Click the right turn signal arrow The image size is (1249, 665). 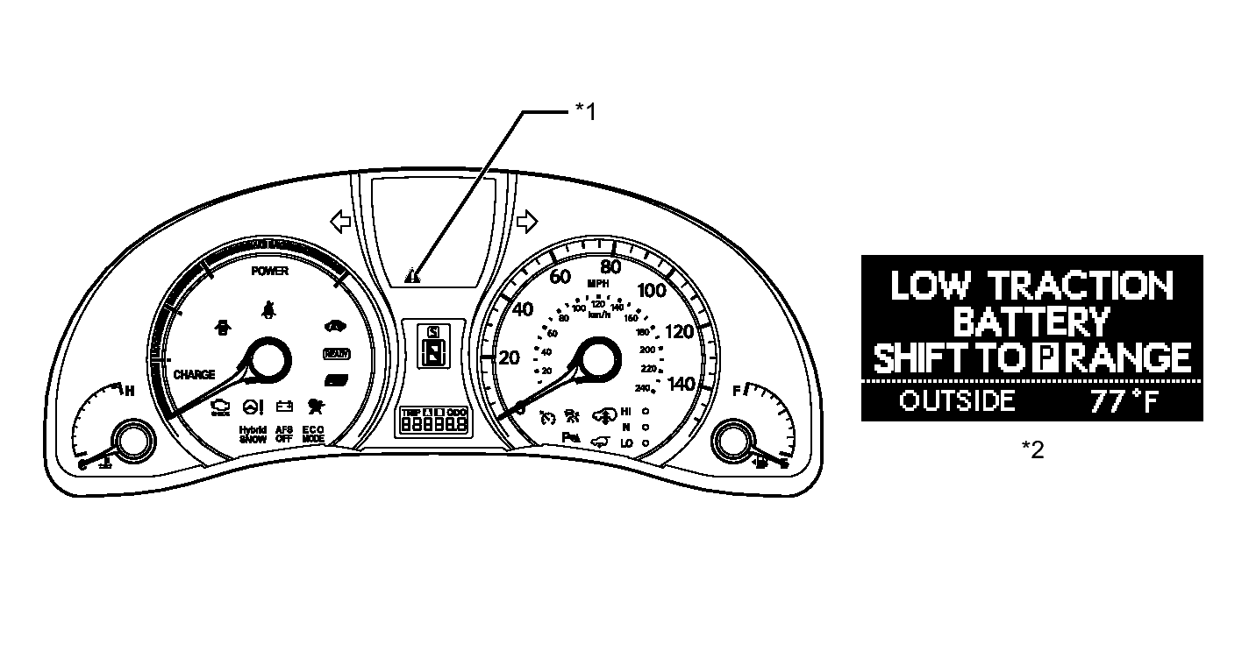(x=527, y=223)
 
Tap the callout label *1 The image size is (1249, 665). (x=585, y=111)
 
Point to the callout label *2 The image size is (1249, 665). (x=1033, y=449)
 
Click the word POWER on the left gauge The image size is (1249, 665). (x=270, y=272)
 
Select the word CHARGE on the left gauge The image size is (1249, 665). (x=194, y=375)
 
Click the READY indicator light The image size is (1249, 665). (x=334, y=354)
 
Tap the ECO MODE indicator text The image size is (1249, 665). (x=313, y=435)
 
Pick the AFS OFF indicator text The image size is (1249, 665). (x=284, y=435)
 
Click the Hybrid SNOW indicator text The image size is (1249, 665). (x=253, y=435)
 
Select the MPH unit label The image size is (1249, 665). (x=597, y=284)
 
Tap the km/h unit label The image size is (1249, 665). (x=599, y=315)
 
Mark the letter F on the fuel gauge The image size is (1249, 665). (x=737, y=391)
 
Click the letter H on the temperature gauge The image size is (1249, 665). (x=129, y=391)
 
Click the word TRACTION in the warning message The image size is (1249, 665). (x=1080, y=286)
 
